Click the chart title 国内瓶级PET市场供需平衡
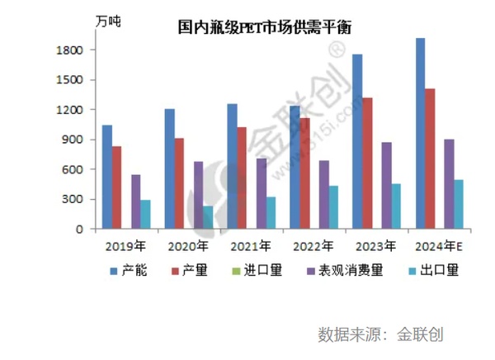pos(265,27)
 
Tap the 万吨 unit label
pos(107,21)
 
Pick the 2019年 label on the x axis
pos(126,245)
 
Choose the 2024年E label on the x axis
pos(439,245)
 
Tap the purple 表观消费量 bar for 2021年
pos(261,193)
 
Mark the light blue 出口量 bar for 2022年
pos(332,207)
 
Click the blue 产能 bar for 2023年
pos(357,141)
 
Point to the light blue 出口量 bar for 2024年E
pos(458,204)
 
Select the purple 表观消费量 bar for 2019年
pos(135,201)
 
